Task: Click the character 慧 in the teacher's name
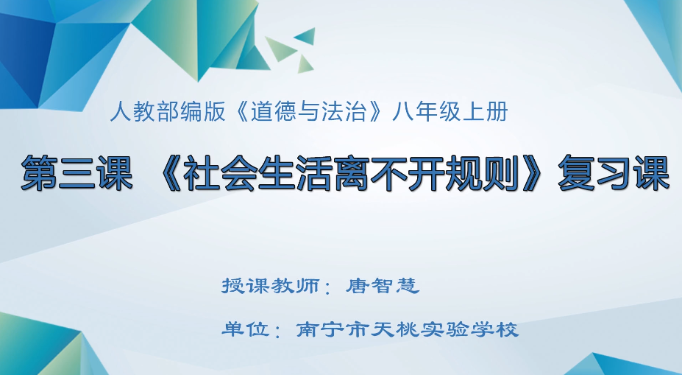[x=408, y=285]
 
